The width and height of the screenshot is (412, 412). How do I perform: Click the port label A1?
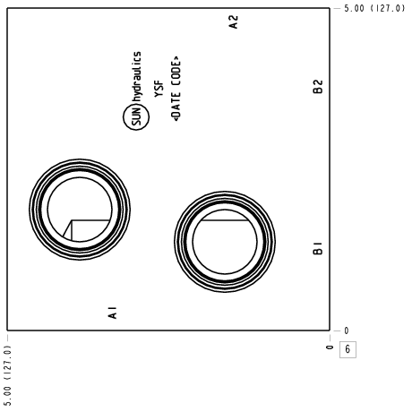tap(113, 313)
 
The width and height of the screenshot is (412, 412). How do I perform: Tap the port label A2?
tap(234, 22)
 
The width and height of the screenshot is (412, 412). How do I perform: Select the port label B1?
tap(318, 248)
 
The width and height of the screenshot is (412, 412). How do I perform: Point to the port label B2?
tap(318, 87)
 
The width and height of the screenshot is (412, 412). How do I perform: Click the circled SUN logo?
tap(136, 117)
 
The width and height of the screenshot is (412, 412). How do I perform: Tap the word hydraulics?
tap(137, 77)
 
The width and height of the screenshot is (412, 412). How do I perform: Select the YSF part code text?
tap(159, 89)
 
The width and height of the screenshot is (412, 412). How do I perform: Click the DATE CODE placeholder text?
tap(176, 89)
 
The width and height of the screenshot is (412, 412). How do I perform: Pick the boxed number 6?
tap(348, 349)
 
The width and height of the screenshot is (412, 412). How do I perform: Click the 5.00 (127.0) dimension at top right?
tap(374, 8)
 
